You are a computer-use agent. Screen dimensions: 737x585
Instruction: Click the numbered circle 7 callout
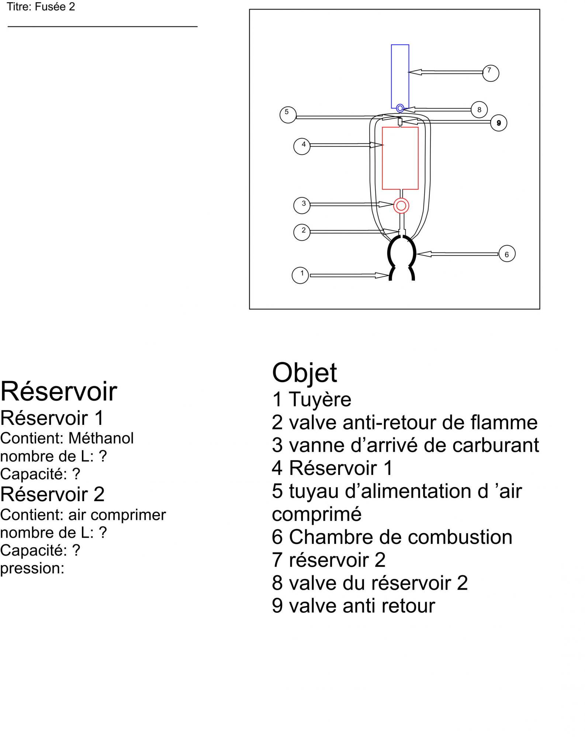pyautogui.click(x=491, y=73)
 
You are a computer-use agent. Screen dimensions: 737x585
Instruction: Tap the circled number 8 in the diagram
pyautogui.click(x=479, y=109)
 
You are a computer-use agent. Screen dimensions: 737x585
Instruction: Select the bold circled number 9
pyautogui.click(x=499, y=123)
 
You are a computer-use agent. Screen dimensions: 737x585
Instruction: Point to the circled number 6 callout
pyautogui.click(x=507, y=254)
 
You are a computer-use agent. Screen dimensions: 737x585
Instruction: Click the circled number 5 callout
pyautogui.click(x=288, y=114)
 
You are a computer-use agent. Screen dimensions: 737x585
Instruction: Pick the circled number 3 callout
pyautogui.click(x=302, y=205)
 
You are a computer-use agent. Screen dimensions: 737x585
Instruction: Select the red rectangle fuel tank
pyautogui.click(x=400, y=158)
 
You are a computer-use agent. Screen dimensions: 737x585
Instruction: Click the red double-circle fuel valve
pyautogui.click(x=401, y=206)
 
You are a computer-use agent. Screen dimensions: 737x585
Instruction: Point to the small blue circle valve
pyautogui.click(x=400, y=108)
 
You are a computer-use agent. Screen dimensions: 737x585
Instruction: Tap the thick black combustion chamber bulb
pyautogui.click(x=402, y=253)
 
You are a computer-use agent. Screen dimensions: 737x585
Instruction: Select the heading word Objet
pyautogui.click(x=304, y=373)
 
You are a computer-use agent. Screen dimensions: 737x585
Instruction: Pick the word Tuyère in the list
pyautogui.click(x=320, y=399)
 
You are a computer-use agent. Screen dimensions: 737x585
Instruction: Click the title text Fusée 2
pyautogui.click(x=55, y=7)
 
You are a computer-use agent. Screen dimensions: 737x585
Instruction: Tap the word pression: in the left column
pyautogui.click(x=32, y=568)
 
